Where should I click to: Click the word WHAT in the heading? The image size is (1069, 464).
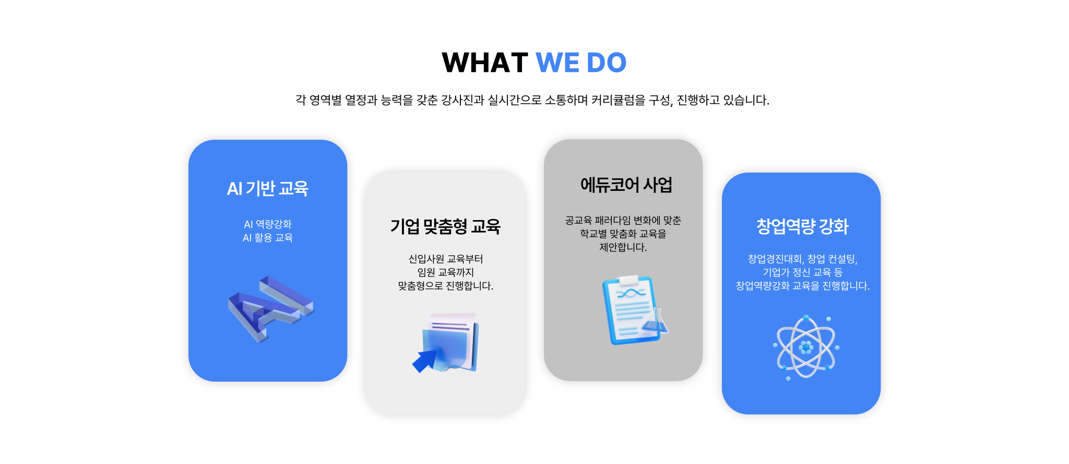485,63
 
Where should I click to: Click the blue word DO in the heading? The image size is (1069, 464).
607,63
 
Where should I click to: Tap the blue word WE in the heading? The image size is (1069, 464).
557,63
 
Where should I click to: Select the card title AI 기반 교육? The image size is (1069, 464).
268,188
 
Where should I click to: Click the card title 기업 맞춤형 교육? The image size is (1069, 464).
445,226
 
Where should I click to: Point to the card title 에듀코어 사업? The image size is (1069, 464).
626,185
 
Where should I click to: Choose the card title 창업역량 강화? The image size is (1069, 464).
802,226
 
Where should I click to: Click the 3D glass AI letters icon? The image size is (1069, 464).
270,309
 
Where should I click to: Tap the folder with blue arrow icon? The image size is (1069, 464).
446,343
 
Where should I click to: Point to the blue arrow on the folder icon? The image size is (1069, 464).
425,360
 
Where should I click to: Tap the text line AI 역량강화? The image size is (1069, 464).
268,224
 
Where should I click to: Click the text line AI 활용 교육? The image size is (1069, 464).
268,238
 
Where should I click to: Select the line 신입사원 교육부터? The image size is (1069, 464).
446,259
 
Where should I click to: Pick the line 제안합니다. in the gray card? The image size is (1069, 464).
623,247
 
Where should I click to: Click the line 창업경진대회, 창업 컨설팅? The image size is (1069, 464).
803,259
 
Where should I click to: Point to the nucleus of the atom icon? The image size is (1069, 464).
806,347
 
